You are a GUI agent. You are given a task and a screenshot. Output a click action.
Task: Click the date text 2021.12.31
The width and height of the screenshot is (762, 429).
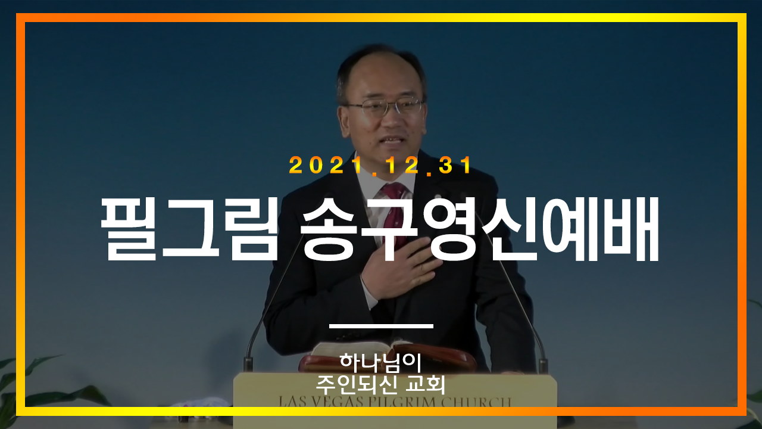[380, 166]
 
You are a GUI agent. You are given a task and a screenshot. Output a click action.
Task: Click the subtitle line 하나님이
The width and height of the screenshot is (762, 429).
[380, 363]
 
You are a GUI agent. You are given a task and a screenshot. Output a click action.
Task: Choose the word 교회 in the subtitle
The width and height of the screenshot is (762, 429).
[425, 385]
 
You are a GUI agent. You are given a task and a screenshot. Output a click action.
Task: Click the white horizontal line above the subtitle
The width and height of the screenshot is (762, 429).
[381, 326]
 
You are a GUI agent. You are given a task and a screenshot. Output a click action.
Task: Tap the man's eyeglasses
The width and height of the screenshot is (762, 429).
[385, 107]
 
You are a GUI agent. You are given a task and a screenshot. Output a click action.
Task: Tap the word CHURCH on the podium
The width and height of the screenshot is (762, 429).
[476, 402]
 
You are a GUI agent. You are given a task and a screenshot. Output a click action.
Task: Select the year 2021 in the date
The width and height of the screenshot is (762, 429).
[324, 166]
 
